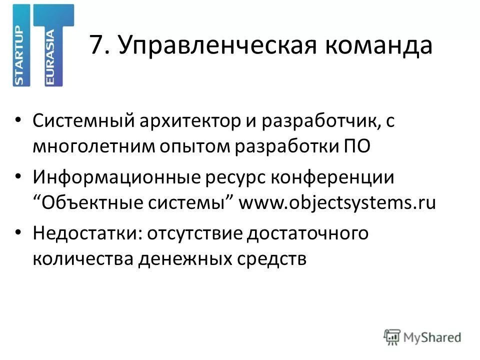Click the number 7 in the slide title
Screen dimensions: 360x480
(x=98, y=46)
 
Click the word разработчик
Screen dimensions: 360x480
(x=315, y=122)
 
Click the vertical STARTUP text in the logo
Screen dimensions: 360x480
(x=20, y=55)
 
